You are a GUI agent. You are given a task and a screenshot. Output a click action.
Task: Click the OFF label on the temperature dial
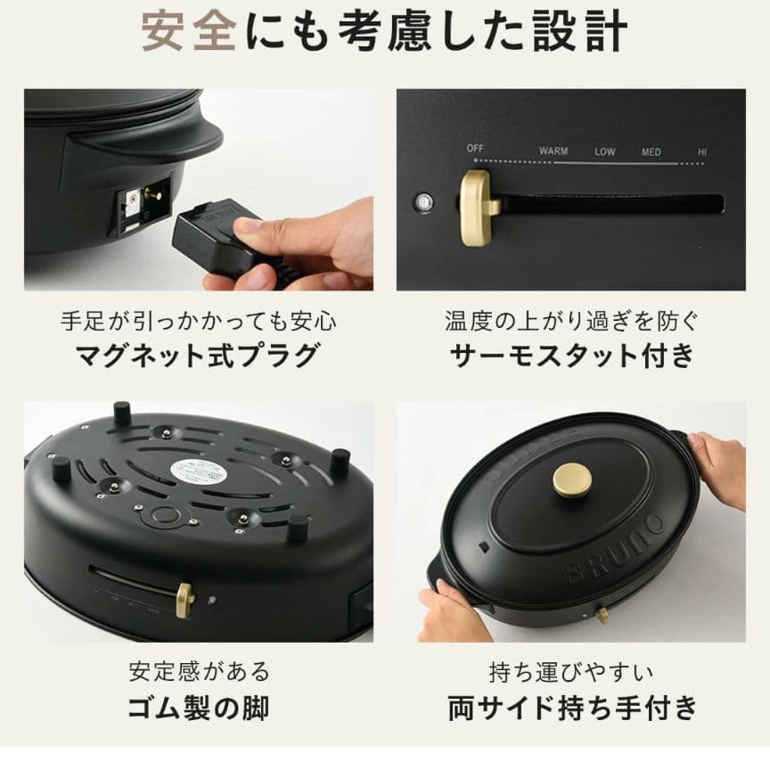point(474,149)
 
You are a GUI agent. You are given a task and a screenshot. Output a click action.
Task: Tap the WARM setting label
point(553,152)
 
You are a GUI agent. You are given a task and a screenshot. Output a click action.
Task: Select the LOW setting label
point(605,152)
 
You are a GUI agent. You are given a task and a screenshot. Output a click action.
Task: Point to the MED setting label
point(651,152)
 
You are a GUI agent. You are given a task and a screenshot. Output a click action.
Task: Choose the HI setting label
point(703,152)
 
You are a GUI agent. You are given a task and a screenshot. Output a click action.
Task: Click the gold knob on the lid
point(571,479)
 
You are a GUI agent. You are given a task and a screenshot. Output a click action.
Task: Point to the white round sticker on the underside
point(199,471)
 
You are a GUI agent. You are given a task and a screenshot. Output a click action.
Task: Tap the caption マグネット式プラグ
point(198,356)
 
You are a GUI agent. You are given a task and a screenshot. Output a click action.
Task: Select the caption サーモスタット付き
point(571,356)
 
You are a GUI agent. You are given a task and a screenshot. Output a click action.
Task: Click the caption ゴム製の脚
point(198,708)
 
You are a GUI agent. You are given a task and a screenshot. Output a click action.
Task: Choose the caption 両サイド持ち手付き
point(571,708)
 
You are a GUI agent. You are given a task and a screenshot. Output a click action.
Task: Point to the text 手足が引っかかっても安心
point(198,321)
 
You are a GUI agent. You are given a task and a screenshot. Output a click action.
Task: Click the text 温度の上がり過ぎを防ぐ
point(571,321)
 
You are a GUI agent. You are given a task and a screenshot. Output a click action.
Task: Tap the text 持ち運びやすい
point(571,671)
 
